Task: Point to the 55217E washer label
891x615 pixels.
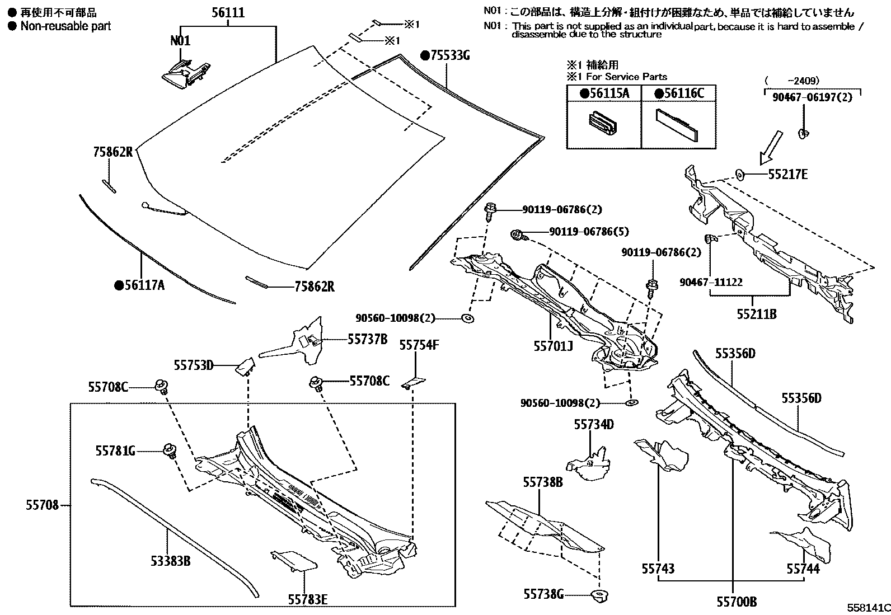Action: tap(787, 175)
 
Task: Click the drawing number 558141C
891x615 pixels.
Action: tap(867, 607)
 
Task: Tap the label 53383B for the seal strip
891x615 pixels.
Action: tap(171, 560)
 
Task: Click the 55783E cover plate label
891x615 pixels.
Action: tap(307, 599)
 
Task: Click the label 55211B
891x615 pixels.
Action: tap(757, 314)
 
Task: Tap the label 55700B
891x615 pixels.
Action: tap(737, 602)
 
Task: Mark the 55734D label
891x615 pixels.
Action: tap(593, 425)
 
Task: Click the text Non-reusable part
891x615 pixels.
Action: tap(65, 26)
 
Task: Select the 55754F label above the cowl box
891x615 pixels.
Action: tap(419, 345)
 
